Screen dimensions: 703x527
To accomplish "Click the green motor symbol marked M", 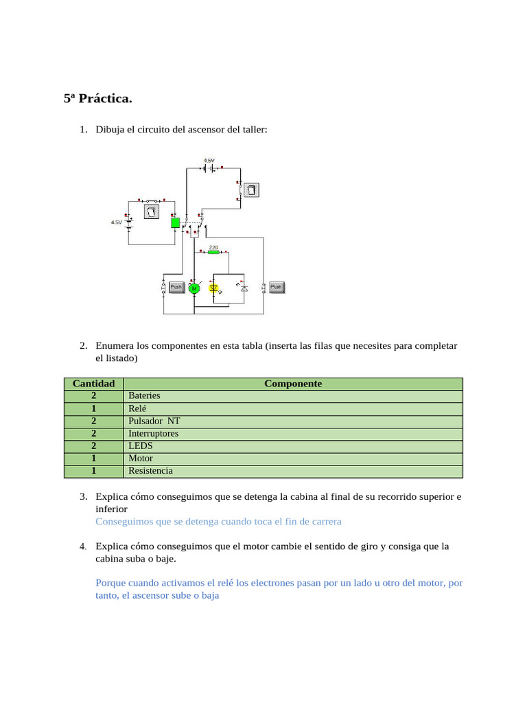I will [194, 288].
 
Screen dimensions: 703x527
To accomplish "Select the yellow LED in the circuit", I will [213, 288].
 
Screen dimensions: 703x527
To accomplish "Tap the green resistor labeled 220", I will [213, 252].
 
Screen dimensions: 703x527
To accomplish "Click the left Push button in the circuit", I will [176, 287].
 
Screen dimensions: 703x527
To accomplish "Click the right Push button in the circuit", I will [277, 287].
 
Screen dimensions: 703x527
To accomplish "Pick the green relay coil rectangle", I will [175, 222].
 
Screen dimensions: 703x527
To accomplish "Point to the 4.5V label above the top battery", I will [209, 160].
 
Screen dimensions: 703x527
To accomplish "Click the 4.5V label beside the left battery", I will [117, 222].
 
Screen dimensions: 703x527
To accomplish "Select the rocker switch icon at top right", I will [251, 190].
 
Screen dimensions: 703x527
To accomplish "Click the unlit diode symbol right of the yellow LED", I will [244, 288].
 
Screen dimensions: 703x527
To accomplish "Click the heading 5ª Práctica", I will [97, 99].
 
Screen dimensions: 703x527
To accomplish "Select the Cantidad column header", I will [93, 384].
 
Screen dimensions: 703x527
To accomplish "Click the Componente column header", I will [293, 384].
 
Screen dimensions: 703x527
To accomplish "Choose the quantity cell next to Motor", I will [93, 458].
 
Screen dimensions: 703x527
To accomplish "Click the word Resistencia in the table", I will [150, 471].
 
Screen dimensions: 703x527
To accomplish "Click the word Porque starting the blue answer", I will [111, 583].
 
